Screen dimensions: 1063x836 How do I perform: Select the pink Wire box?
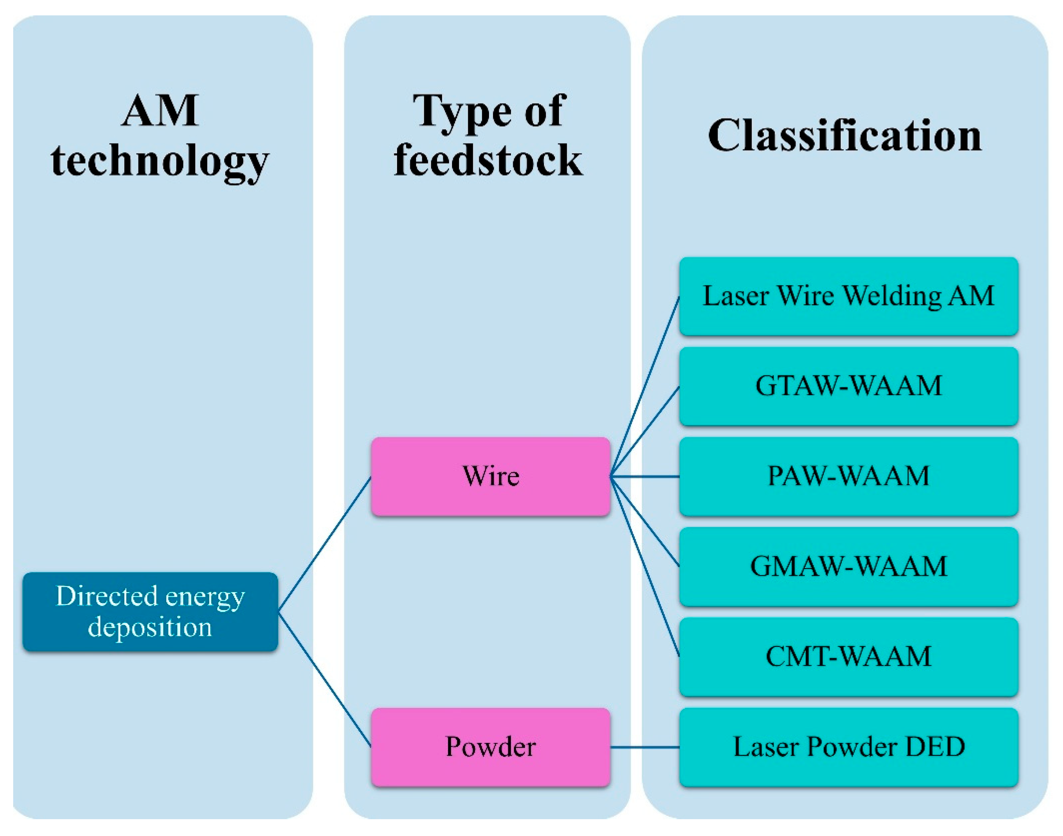pyautogui.click(x=490, y=476)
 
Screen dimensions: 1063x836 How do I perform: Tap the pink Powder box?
pyautogui.click(x=490, y=747)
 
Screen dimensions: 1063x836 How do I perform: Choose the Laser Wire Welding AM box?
pyautogui.click(x=849, y=296)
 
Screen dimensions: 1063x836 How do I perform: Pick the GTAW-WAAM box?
pyautogui.click(x=849, y=386)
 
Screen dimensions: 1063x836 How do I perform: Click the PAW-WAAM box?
pyautogui.click(x=849, y=476)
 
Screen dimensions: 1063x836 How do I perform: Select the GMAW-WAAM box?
pyautogui.click(x=849, y=566)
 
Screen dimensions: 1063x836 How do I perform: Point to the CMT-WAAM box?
pyautogui.click(x=849, y=657)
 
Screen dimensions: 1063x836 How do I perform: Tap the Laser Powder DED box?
pyautogui.click(x=849, y=747)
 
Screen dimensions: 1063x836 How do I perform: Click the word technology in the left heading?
pyautogui.click(x=160, y=163)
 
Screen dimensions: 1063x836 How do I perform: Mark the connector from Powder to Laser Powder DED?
pyautogui.click(x=645, y=747)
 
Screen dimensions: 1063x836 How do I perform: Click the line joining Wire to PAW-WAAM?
pyautogui.click(x=645, y=476)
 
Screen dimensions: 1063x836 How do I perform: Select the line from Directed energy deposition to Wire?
pyautogui.click(x=325, y=544)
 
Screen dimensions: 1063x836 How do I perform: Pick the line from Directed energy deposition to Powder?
pyautogui.click(x=325, y=679)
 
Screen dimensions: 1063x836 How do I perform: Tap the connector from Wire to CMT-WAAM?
pyautogui.click(x=645, y=566)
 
